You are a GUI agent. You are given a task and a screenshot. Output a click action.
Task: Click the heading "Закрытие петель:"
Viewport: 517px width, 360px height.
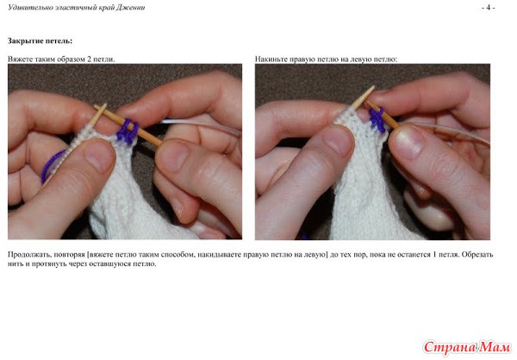40,40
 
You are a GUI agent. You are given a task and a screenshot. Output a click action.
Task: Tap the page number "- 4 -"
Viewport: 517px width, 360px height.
488,7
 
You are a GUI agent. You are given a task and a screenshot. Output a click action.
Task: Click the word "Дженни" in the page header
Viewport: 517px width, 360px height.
130,7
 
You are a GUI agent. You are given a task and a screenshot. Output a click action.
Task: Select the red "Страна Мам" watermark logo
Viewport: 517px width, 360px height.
466,347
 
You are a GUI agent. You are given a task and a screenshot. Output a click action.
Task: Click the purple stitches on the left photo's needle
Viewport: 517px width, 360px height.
128,131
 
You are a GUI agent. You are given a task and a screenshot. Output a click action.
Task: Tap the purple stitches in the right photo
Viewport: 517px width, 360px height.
377,120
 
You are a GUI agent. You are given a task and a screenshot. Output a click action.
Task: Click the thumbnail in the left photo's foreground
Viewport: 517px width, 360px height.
99,155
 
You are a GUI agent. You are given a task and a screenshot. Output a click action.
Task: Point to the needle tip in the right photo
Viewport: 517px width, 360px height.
374,87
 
